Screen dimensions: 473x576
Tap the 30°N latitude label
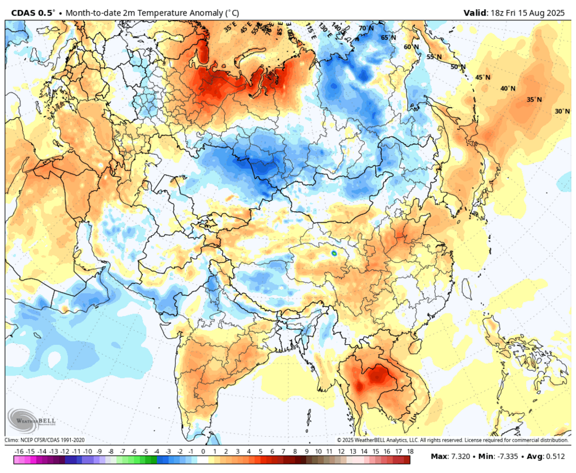(x=562, y=111)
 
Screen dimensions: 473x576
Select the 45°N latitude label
(x=482, y=78)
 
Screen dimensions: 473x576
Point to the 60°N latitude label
(x=411, y=47)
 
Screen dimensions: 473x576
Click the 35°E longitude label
(x=230, y=26)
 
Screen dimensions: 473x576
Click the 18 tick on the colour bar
(x=409, y=451)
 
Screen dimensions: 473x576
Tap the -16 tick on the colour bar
(x=19, y=451)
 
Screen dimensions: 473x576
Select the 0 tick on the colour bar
(x=203, y=451)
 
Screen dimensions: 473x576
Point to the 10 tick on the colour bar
(x=318, y=451)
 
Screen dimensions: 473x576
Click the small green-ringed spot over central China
(x=333, y=252)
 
